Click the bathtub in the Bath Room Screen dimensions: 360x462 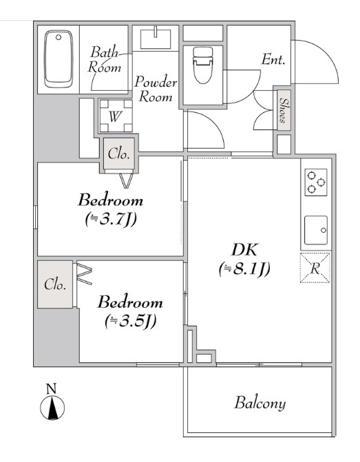[x=59, y=59]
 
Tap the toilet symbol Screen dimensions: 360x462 [x=202, y=65]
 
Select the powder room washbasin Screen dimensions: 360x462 [x=156, y=39]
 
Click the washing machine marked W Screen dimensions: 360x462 [x=116, y=116]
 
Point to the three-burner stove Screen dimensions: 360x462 [x=315, y=182]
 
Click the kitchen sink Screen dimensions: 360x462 [x=316, y=230]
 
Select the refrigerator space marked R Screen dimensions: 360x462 [x=315, y=268]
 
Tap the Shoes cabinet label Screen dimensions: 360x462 [x=284, y=110]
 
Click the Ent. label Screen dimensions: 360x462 [x=273, y=59]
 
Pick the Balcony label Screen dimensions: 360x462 [x=260, y=403]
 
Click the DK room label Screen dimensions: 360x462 [x=244, y=249]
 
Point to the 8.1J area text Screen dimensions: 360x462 [x=244, y=269]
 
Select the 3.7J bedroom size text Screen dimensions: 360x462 [x=111, y=219]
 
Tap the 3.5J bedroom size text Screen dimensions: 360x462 [x=130, y=321]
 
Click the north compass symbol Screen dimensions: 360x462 [x=52, y=408]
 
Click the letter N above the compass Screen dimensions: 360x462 [x=51, y=388]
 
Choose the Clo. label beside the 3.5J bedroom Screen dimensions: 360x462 [x=55, y=284]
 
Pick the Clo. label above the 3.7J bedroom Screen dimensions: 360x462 [x=118, y=154]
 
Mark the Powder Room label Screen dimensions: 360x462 [x=156, y=89]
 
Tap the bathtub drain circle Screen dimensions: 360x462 [x=59, y=37]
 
